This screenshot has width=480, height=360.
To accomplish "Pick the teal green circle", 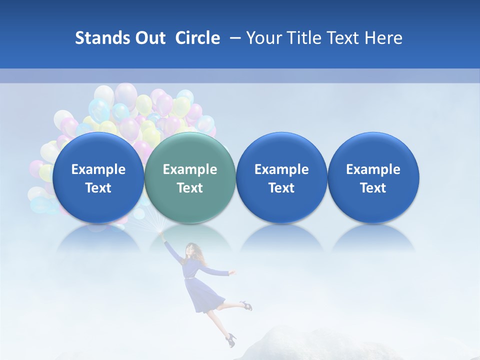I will (190, 177).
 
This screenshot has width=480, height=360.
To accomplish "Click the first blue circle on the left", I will (98, 177).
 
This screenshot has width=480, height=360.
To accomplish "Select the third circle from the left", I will (281, 177).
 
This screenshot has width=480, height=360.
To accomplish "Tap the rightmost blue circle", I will (373, 177).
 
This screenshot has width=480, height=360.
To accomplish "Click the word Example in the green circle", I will (190, 169).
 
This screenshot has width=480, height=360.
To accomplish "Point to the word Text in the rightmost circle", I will (373, 188).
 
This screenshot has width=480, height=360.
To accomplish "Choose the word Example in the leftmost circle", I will (98, 169).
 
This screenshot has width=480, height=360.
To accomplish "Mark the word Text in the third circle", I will (281, 188).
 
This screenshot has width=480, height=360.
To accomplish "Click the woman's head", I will (192, 249).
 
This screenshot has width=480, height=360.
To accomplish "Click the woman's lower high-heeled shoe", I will (230, 340).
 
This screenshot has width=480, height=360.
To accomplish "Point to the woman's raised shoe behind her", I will (244, 304).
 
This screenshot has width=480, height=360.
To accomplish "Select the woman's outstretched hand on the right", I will (232, 272).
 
